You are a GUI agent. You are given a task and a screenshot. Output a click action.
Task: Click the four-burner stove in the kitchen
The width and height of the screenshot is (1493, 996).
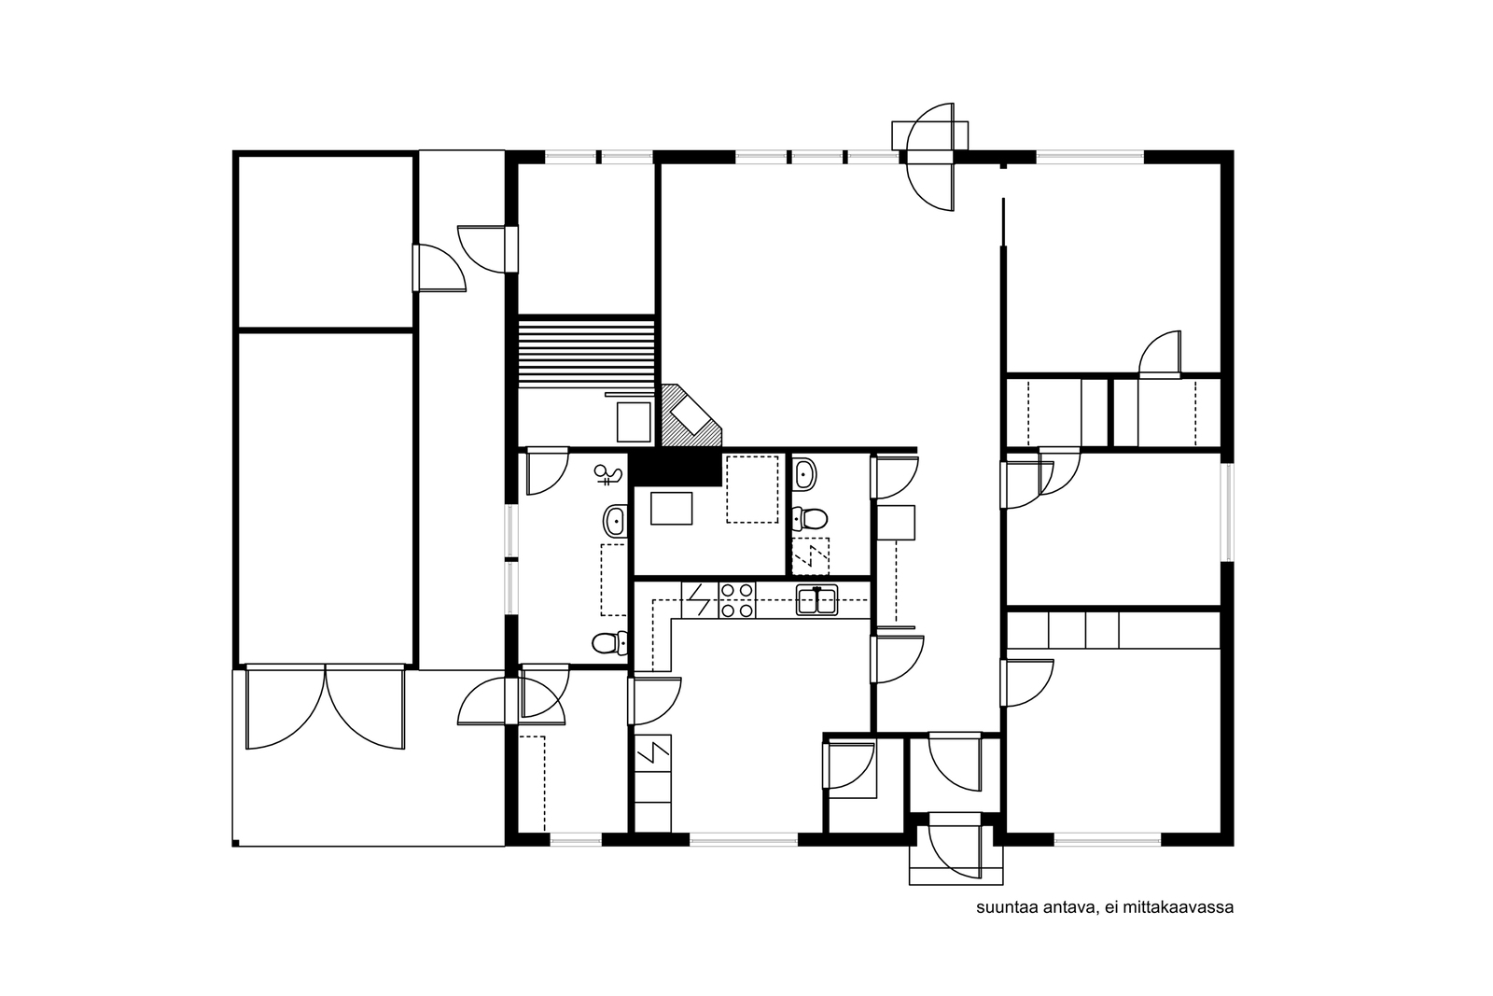click(x=736, y=600)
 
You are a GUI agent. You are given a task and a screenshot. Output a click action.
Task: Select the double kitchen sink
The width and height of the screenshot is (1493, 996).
click(x=816, y=599)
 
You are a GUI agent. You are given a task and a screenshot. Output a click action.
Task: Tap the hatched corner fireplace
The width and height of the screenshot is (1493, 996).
click(x=691, y=415)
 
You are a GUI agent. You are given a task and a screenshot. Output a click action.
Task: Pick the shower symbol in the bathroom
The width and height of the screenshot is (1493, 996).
click(x=607, y=474)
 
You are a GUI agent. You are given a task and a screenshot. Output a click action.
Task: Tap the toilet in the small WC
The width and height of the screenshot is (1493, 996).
click(x=810, y=518)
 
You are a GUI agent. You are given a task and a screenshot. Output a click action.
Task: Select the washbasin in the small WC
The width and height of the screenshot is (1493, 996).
click(x=806, y=474)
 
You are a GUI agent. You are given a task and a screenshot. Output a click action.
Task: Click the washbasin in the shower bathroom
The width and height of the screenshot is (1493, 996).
click(x=615, y=521)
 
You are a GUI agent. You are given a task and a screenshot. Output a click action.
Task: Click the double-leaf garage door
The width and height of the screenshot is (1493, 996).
click(x=326, y=707)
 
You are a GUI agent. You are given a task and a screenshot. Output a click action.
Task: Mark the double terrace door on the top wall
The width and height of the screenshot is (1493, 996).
click(x=930, y=158)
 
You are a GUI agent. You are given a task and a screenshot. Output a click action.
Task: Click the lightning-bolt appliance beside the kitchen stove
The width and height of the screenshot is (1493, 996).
click(x=700, y=600)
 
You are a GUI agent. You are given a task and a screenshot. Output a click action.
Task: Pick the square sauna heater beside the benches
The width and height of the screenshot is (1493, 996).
click(x=634, y=421)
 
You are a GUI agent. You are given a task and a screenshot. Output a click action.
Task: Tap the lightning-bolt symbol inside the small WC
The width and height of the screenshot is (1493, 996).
click(x=811, y=556)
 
